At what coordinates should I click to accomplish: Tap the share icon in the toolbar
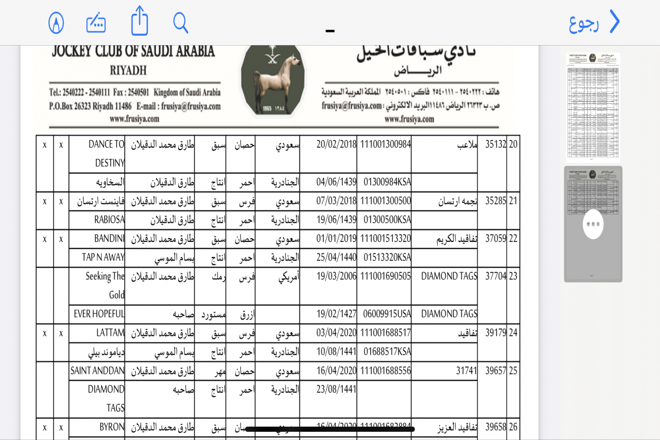click(140, 23)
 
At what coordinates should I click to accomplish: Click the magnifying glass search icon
click(181, 23)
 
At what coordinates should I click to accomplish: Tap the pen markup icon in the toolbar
click(56, 23)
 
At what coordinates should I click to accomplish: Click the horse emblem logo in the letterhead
click(273, 80)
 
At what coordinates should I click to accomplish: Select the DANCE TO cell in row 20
click(107, 145)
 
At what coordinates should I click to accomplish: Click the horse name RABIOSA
click(109, 219)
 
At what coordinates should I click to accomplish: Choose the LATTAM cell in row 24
click(111, 333)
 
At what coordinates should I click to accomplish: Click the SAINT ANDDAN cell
click(97, 371)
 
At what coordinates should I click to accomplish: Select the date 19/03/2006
click(337, 276)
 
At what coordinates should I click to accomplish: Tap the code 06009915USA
click(387, 313)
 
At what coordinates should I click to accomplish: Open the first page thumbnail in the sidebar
click(593, 106)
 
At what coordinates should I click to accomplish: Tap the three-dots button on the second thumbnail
click(593, 224)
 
